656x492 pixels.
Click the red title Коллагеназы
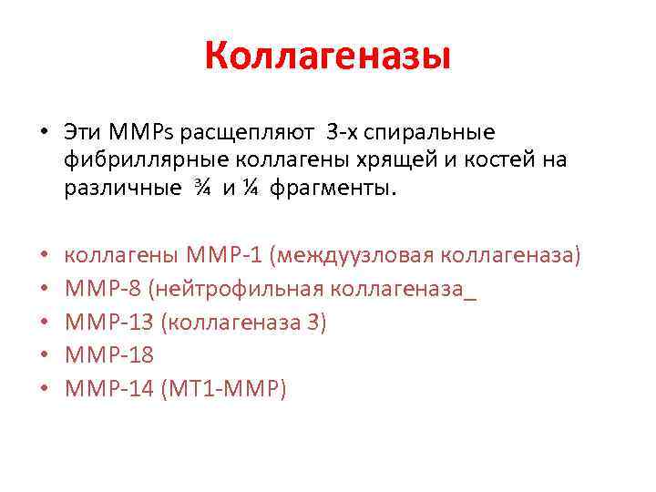tap(328, 57)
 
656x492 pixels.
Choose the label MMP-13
tap(111, 323)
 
